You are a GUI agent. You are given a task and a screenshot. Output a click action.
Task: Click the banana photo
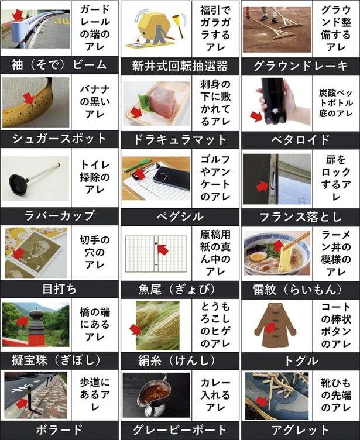pyautogui.click(x=35, y=102)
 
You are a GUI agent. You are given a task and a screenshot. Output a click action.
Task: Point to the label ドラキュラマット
pyautogui.click(x=179, y=139)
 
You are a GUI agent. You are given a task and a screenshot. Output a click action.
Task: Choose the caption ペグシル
pyautogui.click(x=179, y=215)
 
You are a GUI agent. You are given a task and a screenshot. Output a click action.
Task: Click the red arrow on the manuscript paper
pyautogui.click(x=163, y=249)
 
